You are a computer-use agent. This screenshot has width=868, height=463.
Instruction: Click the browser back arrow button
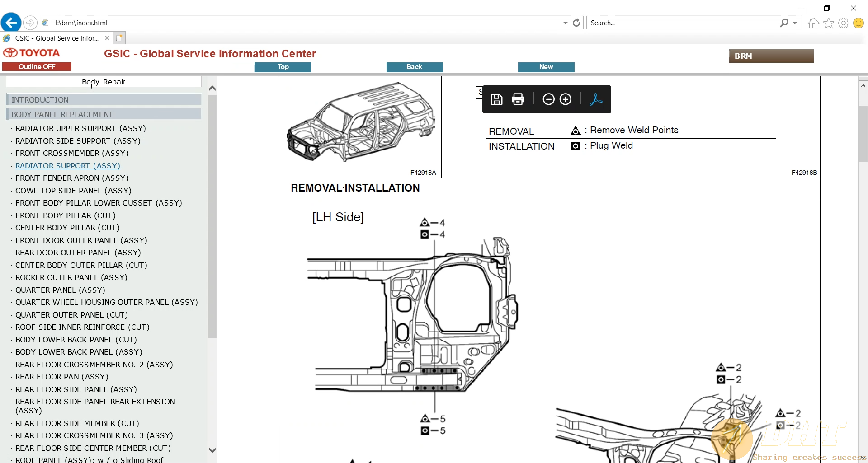pyautogui.click(x=11, y=23)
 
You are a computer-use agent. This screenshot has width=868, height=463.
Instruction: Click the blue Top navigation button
pyautogui.click(x=283, y=67)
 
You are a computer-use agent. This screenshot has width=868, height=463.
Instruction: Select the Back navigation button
pyautogui.click(x=414, y=67)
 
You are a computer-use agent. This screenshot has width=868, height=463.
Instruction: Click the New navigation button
pyautogui.click(x=546, y=67)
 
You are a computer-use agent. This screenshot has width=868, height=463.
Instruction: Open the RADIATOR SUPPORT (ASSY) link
pyautogui.click(x=68, y=166)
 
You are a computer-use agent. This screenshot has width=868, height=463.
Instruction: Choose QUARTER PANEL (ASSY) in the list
pyautogui.click(x=60, y=290)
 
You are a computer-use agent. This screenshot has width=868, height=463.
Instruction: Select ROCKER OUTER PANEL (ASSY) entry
pyautogui.click(x=71, y=277)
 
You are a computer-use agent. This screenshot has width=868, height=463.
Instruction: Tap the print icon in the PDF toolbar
pyautogui.click(x=518, y=99)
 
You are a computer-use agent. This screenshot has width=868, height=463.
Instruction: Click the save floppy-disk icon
pyautogui.click(x=496, y=99)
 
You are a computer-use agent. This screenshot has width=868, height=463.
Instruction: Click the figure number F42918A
pyautogui.click(x=423, y=173)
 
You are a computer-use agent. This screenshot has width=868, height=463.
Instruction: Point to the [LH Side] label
pyautogui.click(x=338, y=217)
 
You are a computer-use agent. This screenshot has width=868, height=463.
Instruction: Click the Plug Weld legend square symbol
pyautogui.click(x=576, y=146)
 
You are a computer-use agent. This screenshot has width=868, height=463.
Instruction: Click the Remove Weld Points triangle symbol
pyautogui.click(x=576, y=131)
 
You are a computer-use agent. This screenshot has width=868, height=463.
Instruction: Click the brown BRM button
pyautogui.click(x=771, y=56)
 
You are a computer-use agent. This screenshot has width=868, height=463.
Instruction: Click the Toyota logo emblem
pyautogui.click(x=10, y=53)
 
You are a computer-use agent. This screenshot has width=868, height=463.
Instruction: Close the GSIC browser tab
pyautogui.click(x=107, y=38)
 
